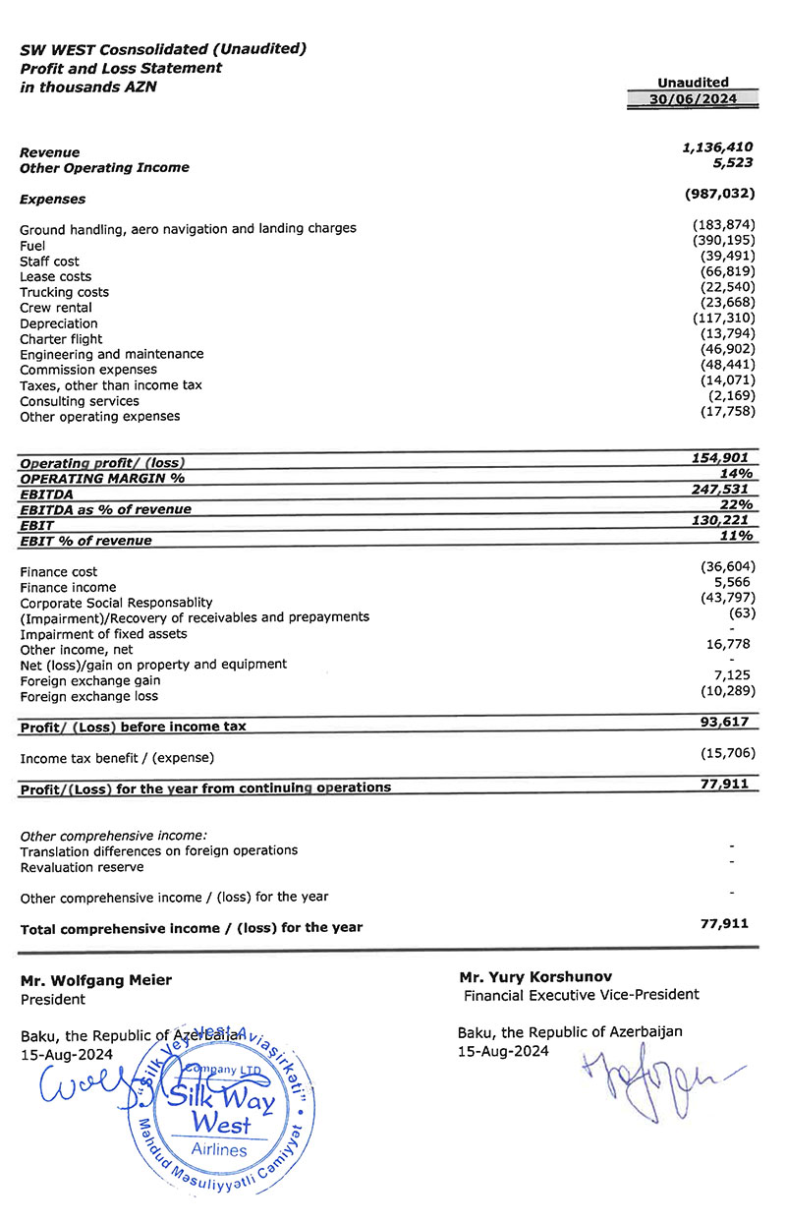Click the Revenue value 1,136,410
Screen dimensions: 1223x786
click(x=717, y=146)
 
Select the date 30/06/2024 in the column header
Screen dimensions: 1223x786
click(x=693, y=99)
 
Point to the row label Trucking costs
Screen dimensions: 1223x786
click(x=65, y=292)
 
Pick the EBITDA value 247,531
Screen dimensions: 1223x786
click(x=722, y=489)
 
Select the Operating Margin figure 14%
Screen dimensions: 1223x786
click(x=737, y=473)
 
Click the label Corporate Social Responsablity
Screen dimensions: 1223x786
click(x=117, y=602)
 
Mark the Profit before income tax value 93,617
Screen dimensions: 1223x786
click(x=726, y=722)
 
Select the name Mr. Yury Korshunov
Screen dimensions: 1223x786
click(x=535, y=977)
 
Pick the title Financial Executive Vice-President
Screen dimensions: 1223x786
click(x=582, y=995)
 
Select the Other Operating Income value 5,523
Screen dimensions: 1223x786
click(x=732, y=162)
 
